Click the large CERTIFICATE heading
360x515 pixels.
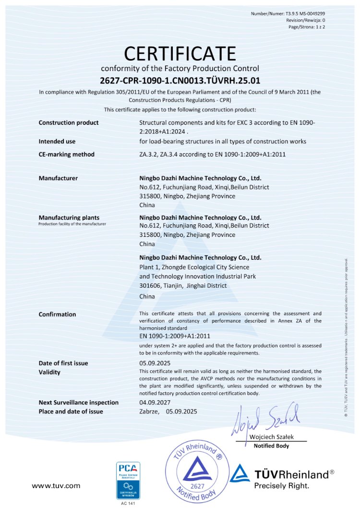[x=180, y=53]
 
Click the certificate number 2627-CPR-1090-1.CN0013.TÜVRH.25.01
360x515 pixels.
[x=180, y=80]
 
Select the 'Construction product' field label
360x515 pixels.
[x=69, y=123]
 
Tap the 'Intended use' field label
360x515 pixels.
[x=57, y=141]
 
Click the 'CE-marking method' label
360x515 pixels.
[x=66, y=155]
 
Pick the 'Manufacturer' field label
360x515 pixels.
[x=58, y=178]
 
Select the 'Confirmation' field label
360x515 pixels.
[x=57, y=315]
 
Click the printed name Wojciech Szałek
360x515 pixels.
[x=272, y=437]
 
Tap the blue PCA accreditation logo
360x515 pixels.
[x=128, y=480]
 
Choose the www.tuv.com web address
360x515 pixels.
[x=56, y=486]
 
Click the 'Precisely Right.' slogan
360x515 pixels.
[x=281, y=486]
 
